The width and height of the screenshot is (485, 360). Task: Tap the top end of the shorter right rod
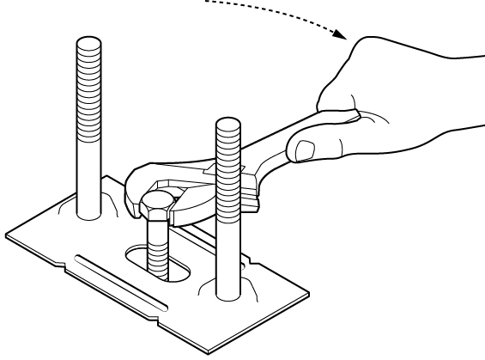coord(227,124)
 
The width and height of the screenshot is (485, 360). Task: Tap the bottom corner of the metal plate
coord(209,353)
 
